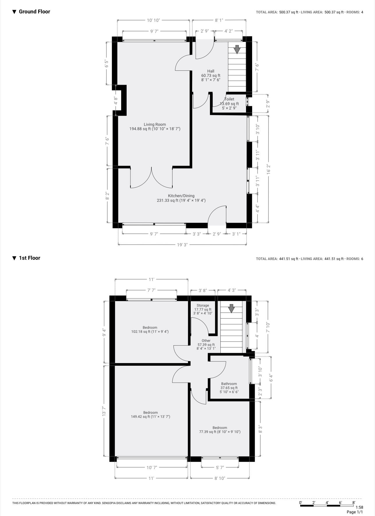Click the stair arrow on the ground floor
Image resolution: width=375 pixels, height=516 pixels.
click(237, 49)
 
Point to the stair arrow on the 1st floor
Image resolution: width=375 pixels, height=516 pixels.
click(231, 308)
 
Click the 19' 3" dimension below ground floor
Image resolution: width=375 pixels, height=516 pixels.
click(182, 245)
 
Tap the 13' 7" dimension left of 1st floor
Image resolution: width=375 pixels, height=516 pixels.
click(104, 411)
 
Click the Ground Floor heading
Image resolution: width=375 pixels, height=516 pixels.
click(34, 12)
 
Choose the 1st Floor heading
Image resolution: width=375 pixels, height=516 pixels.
click(29, 258)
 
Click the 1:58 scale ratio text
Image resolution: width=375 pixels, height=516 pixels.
click(359, 507)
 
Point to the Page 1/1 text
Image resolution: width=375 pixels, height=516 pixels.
click(355, 512)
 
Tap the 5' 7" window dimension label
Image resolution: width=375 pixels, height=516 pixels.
click(220, 468)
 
